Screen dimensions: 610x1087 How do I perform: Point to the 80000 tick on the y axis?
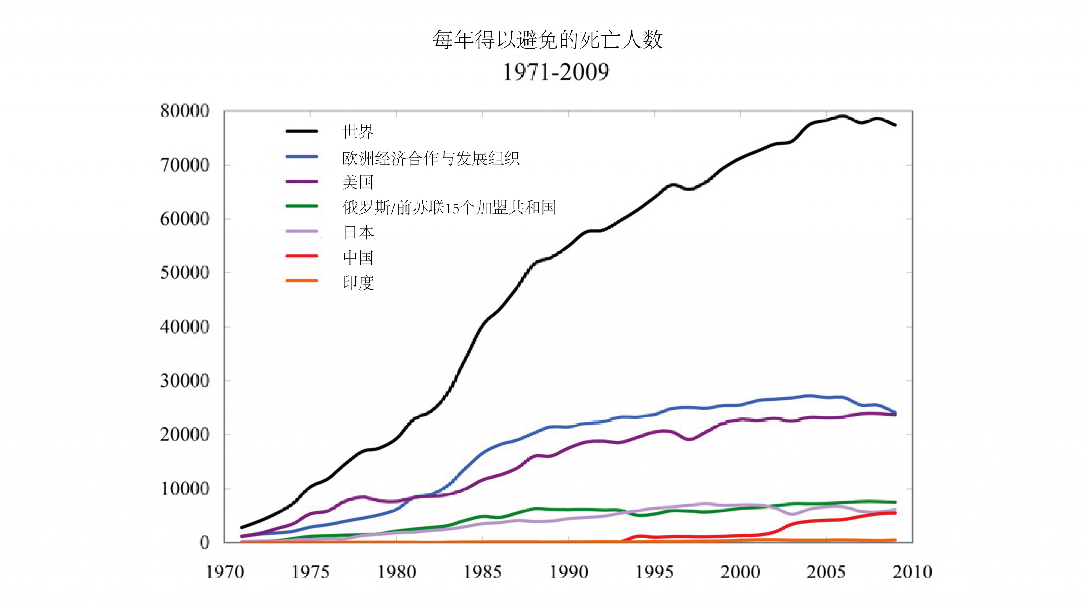(185, 111)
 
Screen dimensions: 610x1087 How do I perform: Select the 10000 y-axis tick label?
(185, 489)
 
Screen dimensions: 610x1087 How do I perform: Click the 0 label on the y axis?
(205, 542)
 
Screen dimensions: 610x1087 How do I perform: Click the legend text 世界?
(358, 132)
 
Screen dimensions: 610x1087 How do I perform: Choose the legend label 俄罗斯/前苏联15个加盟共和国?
(449, 207)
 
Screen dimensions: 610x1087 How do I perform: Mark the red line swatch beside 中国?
(302, 256)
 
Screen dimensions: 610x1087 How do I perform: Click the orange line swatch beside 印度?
(302, 281)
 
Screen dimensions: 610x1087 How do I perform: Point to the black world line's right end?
(895, 125)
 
